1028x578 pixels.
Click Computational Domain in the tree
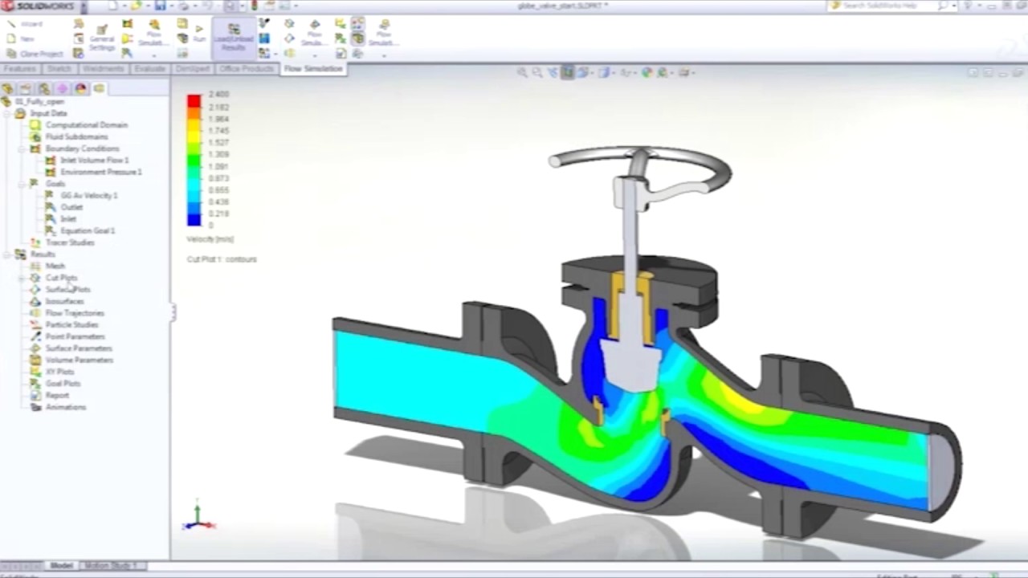click(86, 125)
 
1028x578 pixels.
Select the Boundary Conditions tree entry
click(82, 149)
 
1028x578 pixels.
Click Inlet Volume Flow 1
click(94, 161)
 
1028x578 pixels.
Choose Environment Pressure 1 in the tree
click(100, 172)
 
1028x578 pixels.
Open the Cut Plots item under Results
click(61, 278)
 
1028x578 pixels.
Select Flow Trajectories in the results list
click(75, 313)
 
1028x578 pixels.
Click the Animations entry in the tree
click(65, 407)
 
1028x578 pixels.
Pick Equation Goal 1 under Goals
click(88, 230)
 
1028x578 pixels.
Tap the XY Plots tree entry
click(59, 372)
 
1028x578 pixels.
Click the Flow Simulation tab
click(313, 69)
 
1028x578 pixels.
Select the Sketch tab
click(59, 69)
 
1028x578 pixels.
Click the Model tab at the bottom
click(61, 566)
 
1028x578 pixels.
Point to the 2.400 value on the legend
click(218, 95)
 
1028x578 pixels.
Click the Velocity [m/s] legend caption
click(210, 239)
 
